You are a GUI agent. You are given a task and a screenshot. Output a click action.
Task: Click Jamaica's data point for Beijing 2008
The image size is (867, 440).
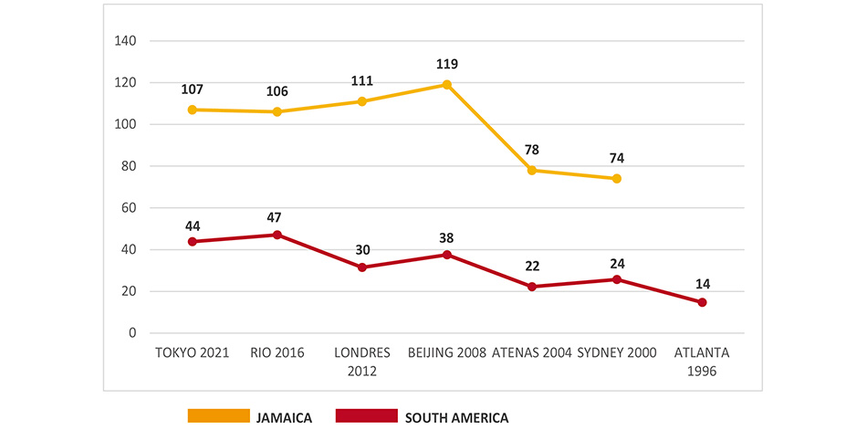(x=447, y=85)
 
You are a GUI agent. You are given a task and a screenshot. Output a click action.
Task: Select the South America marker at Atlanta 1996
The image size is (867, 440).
(x=702, y=302)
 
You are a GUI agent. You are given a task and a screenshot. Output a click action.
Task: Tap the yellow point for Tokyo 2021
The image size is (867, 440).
(x=192, y=110)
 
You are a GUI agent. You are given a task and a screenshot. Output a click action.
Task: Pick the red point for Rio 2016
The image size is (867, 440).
(x=277, y=235)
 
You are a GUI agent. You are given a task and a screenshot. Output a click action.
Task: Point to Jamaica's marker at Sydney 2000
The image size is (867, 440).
(x=617, y=179)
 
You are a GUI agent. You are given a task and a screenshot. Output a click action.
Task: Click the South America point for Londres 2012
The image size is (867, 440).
(x=362, y=267)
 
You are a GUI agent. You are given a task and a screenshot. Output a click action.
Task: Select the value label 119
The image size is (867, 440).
(x=446, y=65)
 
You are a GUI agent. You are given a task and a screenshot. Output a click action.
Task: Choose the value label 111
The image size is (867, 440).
(x=362, y=80)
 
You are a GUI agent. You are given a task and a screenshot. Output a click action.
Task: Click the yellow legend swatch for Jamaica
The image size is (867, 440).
(x=218, y=416)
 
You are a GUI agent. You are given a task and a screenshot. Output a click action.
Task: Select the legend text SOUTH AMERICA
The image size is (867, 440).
(x=456, y=418)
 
